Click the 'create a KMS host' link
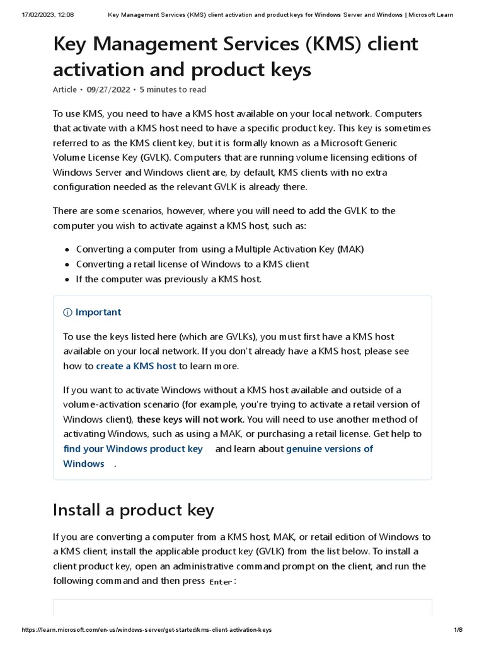coord(135,366)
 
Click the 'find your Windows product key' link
coord(133,449)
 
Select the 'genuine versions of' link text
coord(329,449)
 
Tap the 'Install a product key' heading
coord(134,510)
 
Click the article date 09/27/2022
coord(108,89)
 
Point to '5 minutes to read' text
coord(173,89)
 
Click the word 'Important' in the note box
coord(98,312)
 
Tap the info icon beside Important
coord(67,312)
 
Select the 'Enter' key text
coord(221,582)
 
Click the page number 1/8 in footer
coord(458,631)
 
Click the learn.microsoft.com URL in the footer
coord(138,631)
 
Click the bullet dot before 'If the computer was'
coord(67,280)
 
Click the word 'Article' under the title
coord(65,89)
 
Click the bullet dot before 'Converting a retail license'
coord(67,265)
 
